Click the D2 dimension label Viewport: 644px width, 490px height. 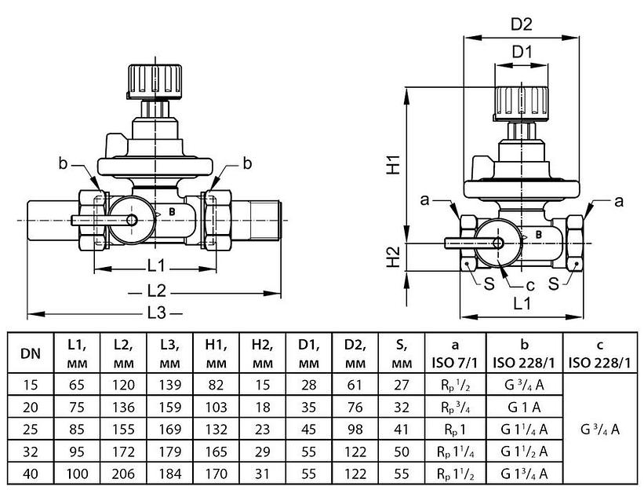click(x=522, y=24)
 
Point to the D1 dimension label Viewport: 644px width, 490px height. click(x=522, y=53)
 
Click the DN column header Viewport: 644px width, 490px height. click(x=31, y=353)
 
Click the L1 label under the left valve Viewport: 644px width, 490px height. click(x=155, y=264)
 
